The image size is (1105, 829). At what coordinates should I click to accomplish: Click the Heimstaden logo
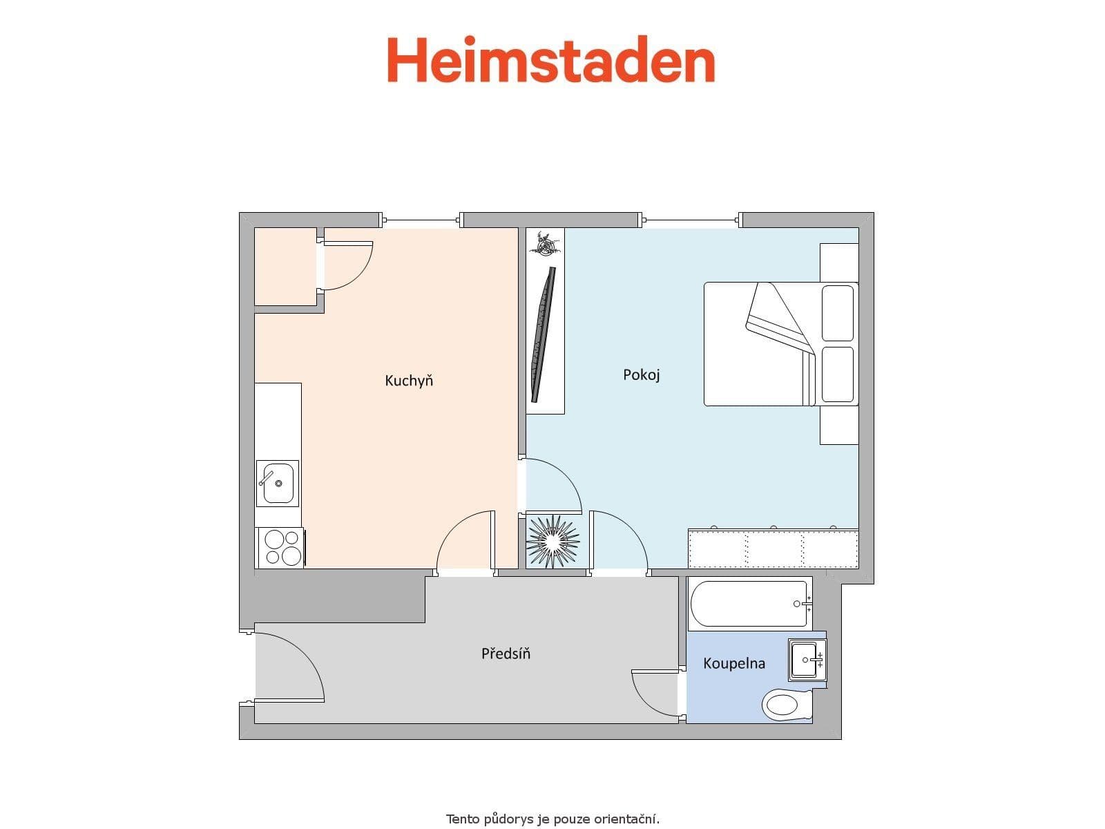(550, 61)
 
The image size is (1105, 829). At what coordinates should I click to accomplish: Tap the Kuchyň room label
(409, 381)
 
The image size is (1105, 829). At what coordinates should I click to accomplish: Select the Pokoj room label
(642, 375)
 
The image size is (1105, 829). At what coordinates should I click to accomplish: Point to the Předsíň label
(506, 654)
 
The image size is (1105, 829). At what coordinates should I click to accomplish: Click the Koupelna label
(733, 664)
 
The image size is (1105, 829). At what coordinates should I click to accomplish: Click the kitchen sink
(278, 483)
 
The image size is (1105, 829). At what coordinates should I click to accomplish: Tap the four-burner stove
(280, 547)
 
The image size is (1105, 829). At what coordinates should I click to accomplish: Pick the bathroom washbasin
(806, 660)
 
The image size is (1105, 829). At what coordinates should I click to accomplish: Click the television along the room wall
(543, 334)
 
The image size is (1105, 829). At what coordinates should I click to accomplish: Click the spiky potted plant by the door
(552, 542)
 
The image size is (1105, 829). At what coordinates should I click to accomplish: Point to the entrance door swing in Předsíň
(290, 667)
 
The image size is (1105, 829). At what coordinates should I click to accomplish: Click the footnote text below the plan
(552, 819)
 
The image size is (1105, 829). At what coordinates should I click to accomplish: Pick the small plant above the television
(545, 243)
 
